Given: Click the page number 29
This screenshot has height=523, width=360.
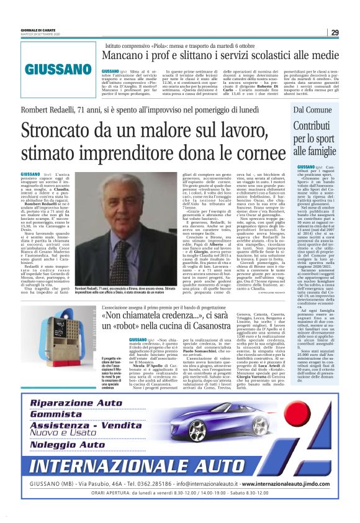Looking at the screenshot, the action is click(x=335, y=33).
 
